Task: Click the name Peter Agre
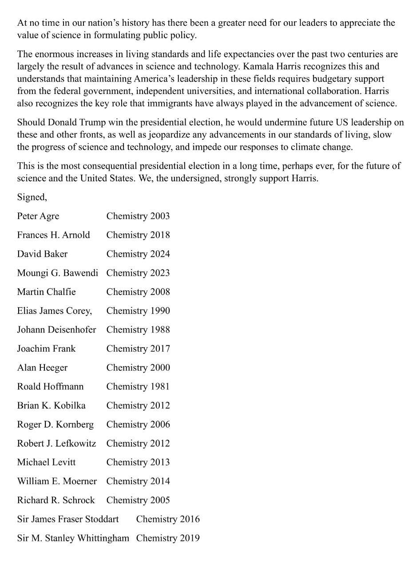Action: [x=38, y=216]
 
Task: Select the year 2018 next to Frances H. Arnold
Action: [x=160, y=235]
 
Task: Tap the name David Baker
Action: [x=42, y=254]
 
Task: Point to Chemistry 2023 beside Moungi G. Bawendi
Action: [x=138, y=273]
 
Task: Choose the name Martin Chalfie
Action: [x=46, y=292]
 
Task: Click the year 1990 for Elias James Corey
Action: [x=160, y=311]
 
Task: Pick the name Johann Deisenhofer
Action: [x=56, y=330]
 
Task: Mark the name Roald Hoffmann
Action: [x=50, y=387]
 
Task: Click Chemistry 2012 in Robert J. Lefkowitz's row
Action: [x=138, y=443]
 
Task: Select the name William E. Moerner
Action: [x=57, y=481]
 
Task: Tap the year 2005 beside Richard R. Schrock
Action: [x=160, y=500]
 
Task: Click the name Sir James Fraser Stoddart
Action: [x=68, y=519]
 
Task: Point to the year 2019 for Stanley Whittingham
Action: [x=190, y=538]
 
